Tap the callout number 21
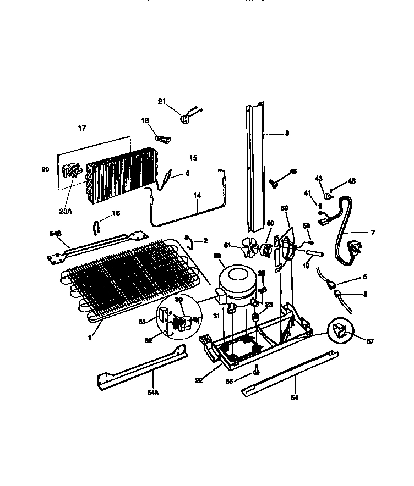[162, 101]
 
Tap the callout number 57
[369, 341]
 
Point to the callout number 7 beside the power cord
[372, 233]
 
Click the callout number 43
[318, 177]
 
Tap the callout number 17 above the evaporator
[82, 129]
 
